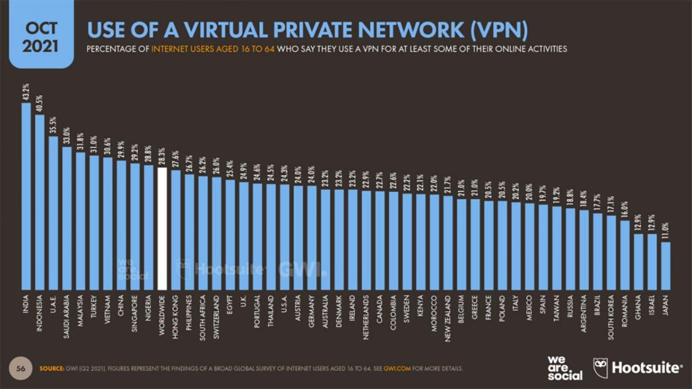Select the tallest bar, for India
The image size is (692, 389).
pyautogui.click(x=26, y=196)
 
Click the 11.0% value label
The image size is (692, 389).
pyautogui.click(x=665, y=231)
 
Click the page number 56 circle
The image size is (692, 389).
pyautogui.click(x=21, y=368)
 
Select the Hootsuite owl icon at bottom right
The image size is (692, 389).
pyautogui.click(x=600, y=368)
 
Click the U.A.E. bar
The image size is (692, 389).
pyautogui.click(x=53, y=213)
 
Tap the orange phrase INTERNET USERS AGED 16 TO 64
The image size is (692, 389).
pyautogui.click(x=213, y=49)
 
